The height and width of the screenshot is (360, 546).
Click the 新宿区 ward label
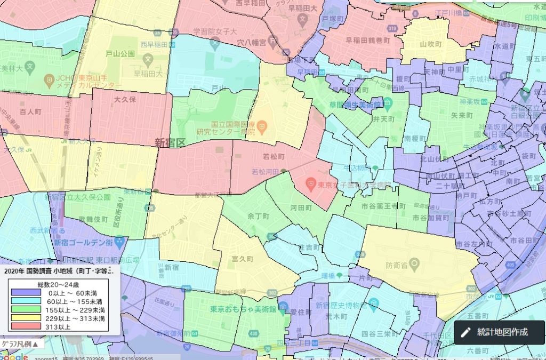[x=170, y=142]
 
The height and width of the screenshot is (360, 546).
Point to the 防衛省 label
[x=397, y=264]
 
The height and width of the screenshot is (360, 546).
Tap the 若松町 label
[x=275, y=157]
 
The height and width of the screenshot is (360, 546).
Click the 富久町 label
[x=242, y=259]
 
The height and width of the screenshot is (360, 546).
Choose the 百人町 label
[x=30, y=113]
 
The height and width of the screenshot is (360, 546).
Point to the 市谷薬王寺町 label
[x=379, y=205]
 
